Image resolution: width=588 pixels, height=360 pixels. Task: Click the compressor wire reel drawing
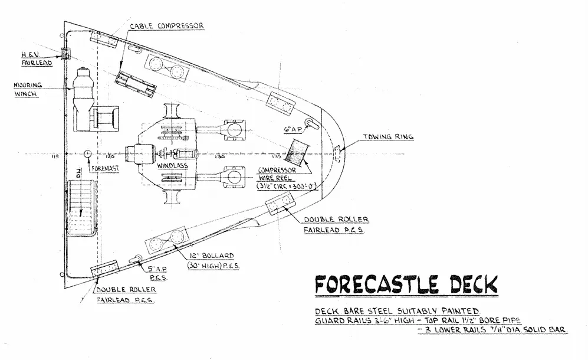295,152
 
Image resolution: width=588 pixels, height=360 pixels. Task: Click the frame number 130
219,158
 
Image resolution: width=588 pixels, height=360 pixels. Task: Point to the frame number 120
110,158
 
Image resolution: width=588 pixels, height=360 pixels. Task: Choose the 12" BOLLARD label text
211,260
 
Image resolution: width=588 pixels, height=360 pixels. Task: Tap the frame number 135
275,158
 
